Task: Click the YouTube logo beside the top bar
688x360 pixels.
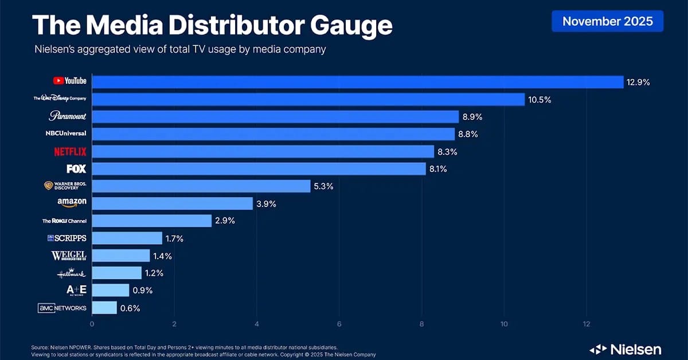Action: pyautogui.click(x=69, y=81)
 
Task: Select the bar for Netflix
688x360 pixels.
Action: pyautogui.click(x=263, y=151)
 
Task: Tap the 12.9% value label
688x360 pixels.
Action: pyautogui.click(x=639, y=82)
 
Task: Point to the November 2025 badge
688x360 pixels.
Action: pyautogui.click(x=607, y=22)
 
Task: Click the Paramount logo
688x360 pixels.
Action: pyautogui.click(x=68, y=116)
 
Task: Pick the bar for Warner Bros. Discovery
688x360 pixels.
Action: pyautogui.click(x=201, y=186)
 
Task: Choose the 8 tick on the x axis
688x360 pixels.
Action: pyautogui.click(x=422, y=323)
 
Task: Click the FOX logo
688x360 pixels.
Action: pyautogui.click(x=76, y=169)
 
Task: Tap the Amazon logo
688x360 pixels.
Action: pyautogui.click(x=72, y=204)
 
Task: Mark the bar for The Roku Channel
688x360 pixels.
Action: pyautogui.click(x=151, y=221)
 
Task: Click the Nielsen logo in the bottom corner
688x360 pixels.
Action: pyautogui.click(x=626, y=349)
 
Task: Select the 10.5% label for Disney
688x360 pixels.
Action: pyautogui.click(x=540, y=100)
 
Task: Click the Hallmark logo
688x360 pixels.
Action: pyautogui.click(x=71, y=273)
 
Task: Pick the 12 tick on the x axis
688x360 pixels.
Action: pyautogui.click(x=586, y=323)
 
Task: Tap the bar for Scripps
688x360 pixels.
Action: pyautogui.click(x=127, y=238)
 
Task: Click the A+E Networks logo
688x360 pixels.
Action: pyautogui.click(x=76, y=291)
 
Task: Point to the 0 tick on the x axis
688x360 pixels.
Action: pyautogui.click(x=92, y=323)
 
